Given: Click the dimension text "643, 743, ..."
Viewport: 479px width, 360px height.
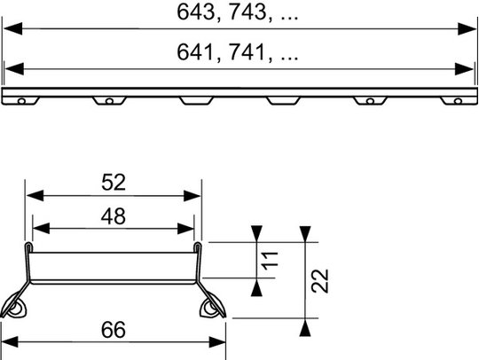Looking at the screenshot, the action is pyautogui.click(x=237, y=12).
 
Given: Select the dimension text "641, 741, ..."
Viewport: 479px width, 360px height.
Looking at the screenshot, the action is pyautogui.click(x=237, y=52).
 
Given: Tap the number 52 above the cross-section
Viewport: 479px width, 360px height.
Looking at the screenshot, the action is pyautogui.click(x=114, y=183).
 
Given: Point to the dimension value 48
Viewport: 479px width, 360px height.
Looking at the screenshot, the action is pyautogui.click(x=114, y=216).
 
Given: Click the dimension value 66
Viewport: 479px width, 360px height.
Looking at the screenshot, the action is pyautogui.click(x=114, y=330).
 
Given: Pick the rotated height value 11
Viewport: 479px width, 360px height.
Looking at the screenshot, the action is pyautogui.click(x=270, y=261).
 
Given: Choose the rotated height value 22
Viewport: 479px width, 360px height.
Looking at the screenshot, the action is pyautogui.click(x=319, y=281).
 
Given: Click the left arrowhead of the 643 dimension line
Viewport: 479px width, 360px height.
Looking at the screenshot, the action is pyautogui.click(x=12, y=28).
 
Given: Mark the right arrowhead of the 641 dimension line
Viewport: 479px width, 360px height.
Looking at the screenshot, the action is pyautogui.click(x=464, y=69).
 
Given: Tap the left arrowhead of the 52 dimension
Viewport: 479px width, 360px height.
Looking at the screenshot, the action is pyautogui.click(x=35, y=196).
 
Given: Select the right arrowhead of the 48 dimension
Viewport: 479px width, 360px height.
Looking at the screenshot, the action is pyautogui.click(x=185, y=229).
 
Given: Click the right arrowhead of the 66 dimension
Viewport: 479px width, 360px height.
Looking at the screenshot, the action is pyautogui.click(x=217, y=342).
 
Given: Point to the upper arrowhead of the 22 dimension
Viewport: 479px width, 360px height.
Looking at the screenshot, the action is pyautogui.click(x=305, y=234).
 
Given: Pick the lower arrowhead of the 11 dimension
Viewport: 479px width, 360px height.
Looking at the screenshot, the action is pyautogui.click(x=256, y=288).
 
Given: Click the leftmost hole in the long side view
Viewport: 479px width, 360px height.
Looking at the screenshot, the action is pyautogui.click(x=21, y=101).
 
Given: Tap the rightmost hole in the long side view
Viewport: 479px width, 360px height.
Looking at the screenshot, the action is pyautogui.click(x=458, y=101).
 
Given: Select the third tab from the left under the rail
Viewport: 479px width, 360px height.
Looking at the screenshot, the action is pyautogui.click(x=196, y=101).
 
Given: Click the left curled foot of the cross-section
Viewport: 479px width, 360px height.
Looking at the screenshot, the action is pyautogui.click(x=13, y=305).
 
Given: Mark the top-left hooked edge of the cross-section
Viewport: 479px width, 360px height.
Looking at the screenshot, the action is pyautogui.click(x=28, y=247).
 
